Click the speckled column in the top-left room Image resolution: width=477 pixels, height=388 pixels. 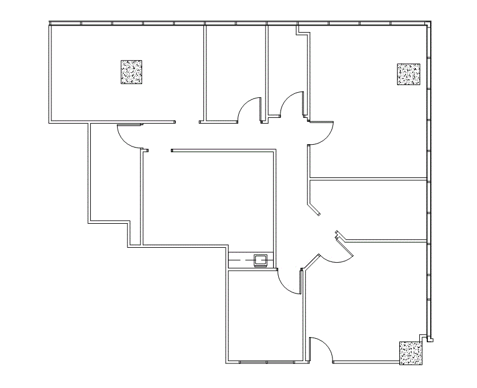pos(131,73)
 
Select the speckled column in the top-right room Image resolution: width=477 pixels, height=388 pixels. pos(408,74)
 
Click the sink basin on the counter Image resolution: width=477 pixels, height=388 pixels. pos(261,260)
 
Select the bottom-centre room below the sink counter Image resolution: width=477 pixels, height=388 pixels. pos(264,318)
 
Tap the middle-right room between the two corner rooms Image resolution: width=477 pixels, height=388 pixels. pos(371,209)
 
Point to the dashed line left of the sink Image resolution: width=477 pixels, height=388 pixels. pos(241,260)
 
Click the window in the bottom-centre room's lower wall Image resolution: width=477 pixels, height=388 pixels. pos(267,362)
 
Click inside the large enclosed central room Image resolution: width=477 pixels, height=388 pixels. pos(209,197)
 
